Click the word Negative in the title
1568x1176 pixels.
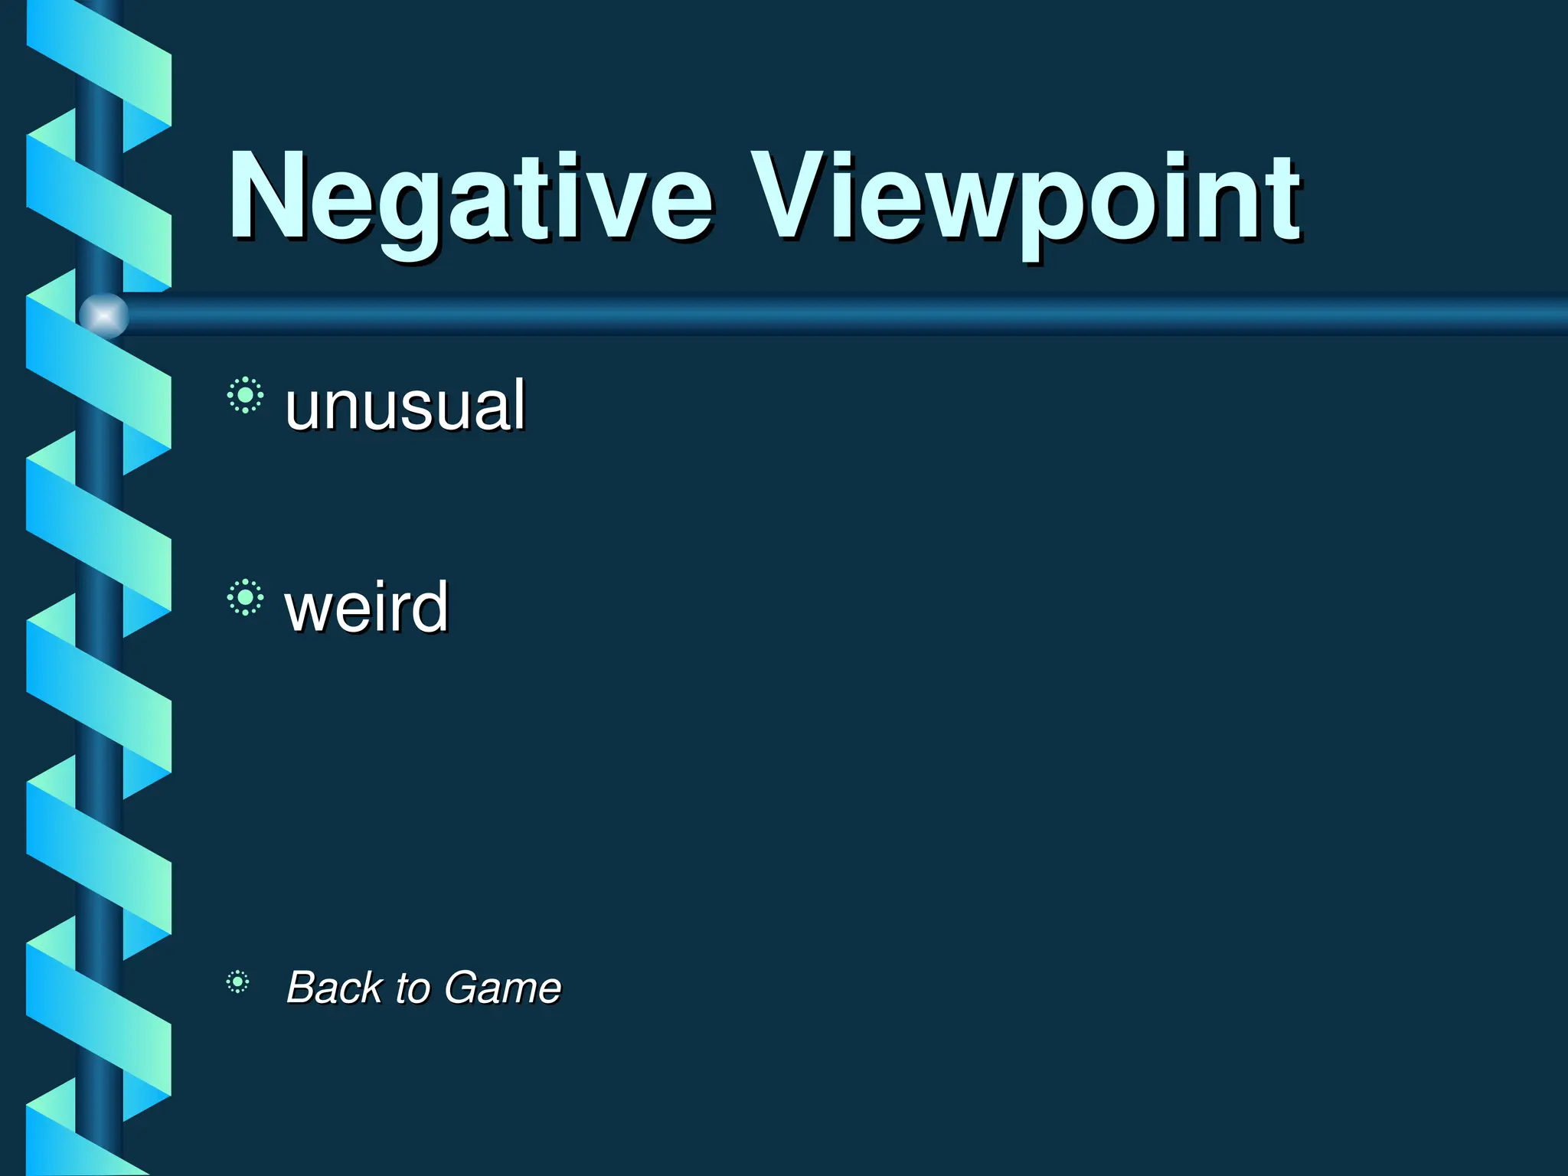(470, 198)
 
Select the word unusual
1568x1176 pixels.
(404, 405)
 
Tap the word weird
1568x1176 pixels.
(366, 606)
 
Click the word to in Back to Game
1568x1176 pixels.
(413, 988)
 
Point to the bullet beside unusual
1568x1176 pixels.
(245, 395)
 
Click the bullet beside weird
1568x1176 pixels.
(245, 597)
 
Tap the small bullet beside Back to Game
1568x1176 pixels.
(237, 982)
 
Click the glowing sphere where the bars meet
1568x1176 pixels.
(103, 315)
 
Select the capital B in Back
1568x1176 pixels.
(302, 987)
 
